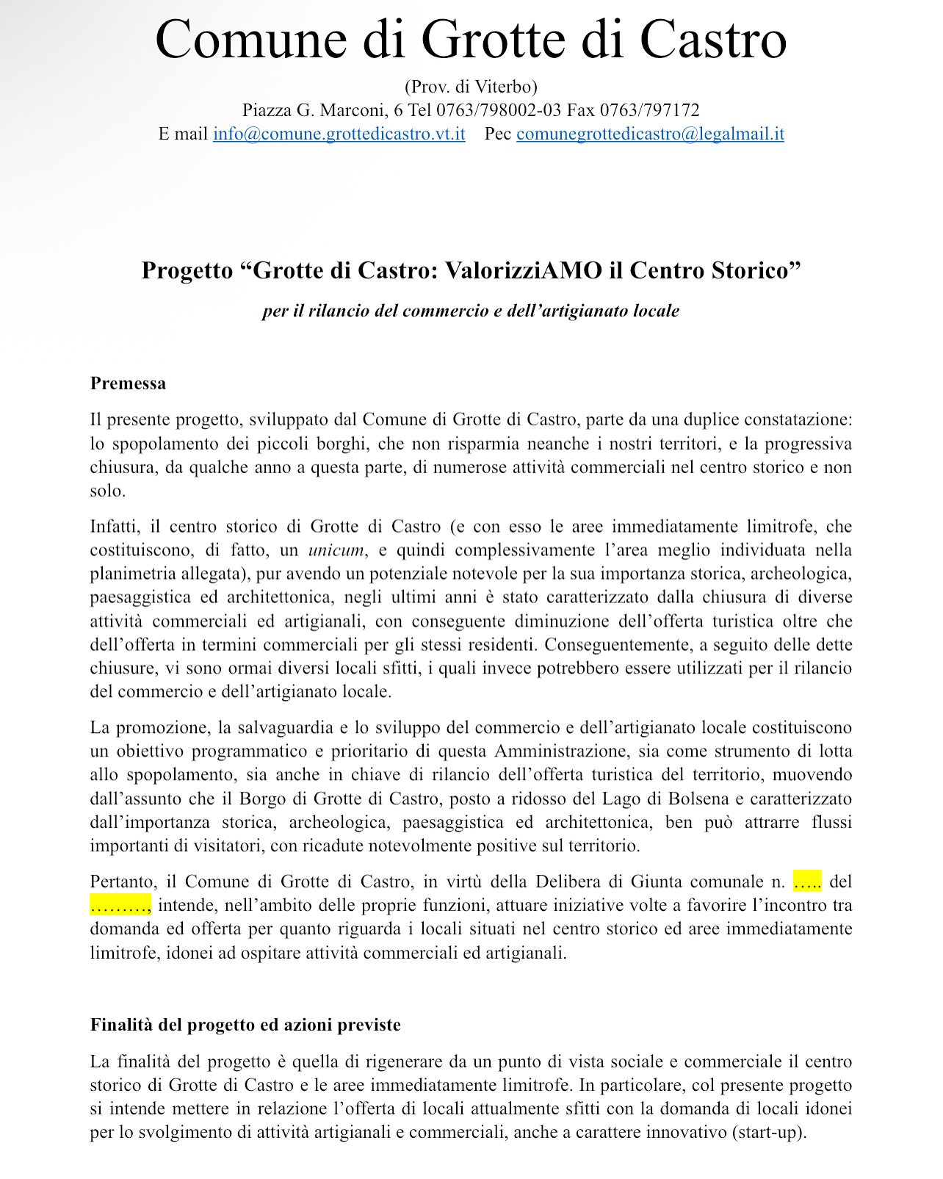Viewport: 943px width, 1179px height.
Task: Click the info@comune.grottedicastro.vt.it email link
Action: tap(339, 134)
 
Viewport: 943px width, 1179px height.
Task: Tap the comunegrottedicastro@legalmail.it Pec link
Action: tap(650, 134)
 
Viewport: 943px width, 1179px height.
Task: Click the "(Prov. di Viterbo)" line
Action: tap(471, 87)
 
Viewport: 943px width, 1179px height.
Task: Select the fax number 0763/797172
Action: tap(649, 111)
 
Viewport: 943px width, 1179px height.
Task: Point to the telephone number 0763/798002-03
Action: tap(499, 111)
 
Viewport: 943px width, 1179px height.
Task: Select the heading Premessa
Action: tap(128, 383)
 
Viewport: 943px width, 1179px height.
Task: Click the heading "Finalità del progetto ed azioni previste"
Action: tap(245, 1025)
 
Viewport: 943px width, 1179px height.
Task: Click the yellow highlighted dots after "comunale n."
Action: tap(807, 881)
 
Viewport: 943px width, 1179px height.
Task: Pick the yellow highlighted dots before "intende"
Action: tap(120, 905)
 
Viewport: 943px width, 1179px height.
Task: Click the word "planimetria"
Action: tap(134, 574)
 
